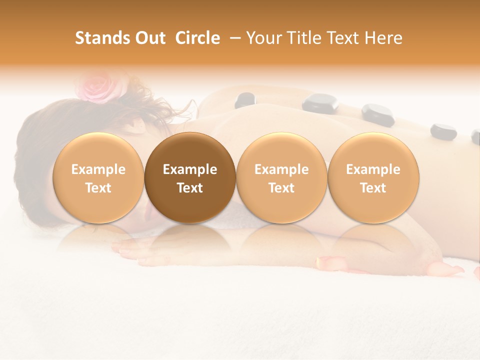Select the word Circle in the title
coord(197,38)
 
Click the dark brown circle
coord(190,177)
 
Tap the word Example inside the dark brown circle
coord(190,169)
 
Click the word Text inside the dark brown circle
coord(190,188)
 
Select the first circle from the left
coord(98,177)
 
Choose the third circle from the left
coord(281,177)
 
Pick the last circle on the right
coord(373,177)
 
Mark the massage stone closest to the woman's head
coord(245,100)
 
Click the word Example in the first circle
coord(98,169)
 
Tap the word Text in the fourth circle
coord(373,188)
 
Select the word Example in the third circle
coord(281,169)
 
